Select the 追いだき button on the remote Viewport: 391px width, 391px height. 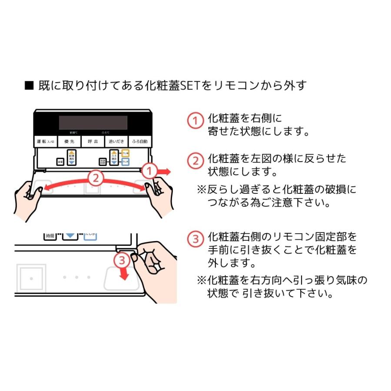coord(116,142)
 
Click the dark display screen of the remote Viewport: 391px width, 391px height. coord(93,123)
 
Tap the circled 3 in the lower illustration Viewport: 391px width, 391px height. coord(123,260)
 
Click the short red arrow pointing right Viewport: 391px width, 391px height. coord(164,172)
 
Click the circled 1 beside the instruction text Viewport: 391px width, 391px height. coord(195,121)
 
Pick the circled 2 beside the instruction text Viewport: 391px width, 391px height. coord(195,161)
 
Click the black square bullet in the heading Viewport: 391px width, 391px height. coord(29,86)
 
